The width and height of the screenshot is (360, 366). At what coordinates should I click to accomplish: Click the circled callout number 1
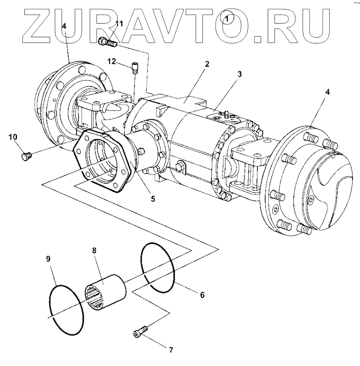[x=227, y=19]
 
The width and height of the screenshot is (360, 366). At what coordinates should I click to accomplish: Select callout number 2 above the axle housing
[x=207, y=64]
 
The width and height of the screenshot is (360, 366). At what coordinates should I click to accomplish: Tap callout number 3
[x=240, y=74]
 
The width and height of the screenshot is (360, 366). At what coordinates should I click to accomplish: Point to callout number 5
[x=153, y=199]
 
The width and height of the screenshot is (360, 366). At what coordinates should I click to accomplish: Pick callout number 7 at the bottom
[x=170, y=350]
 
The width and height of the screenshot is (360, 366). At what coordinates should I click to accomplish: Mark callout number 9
[x=48, y=259]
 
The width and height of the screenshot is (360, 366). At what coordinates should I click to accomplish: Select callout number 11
[x=119, y=24]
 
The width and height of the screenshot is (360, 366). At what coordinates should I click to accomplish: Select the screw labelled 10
[x=26, y=156]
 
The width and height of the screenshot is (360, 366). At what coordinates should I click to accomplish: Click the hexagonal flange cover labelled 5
[x=103, y=161]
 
